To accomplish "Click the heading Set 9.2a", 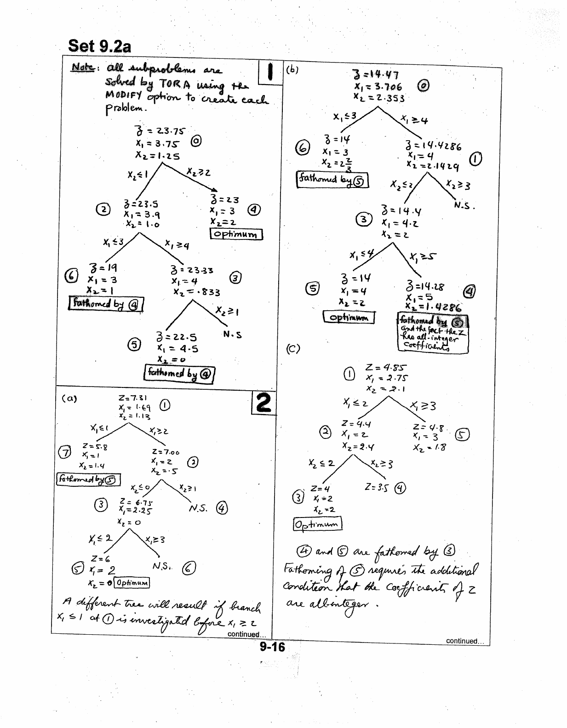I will (99, 46).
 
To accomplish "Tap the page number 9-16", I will (272, 648).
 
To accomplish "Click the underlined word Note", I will (82, 68).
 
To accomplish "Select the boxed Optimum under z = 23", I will (236, 234).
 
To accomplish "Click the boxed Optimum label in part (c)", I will (317, 524).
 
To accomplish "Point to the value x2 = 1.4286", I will (433, 307).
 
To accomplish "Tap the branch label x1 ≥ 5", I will (421, 256).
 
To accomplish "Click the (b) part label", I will (292, 70).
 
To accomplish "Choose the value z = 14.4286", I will (433, 147).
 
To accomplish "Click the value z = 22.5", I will (177, 337).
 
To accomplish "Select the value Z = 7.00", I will (165, 452).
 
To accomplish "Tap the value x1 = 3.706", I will (378, 86).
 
